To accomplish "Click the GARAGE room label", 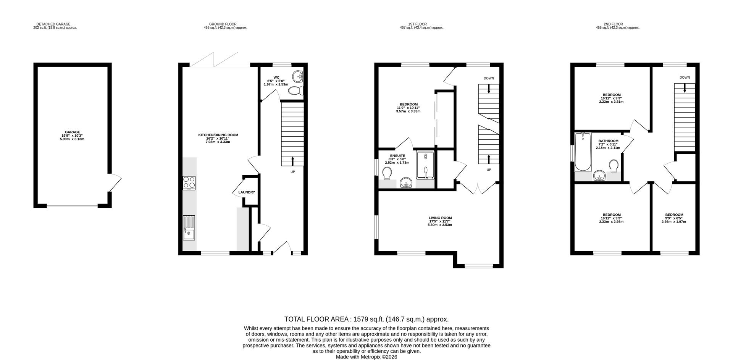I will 72,132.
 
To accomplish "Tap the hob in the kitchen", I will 189,183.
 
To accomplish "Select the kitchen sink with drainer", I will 189,228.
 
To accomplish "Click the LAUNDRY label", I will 247,192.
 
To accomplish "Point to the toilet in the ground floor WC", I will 296,91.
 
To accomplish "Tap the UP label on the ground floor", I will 292,172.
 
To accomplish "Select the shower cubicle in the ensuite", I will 425,165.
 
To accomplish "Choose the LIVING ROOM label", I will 440,218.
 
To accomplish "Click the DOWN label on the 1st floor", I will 489,78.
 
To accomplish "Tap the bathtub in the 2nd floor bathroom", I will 583,152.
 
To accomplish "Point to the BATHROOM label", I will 608,141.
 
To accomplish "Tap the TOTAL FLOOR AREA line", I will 366,319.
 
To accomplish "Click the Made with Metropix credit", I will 366,357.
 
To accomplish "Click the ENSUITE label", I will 397,156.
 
